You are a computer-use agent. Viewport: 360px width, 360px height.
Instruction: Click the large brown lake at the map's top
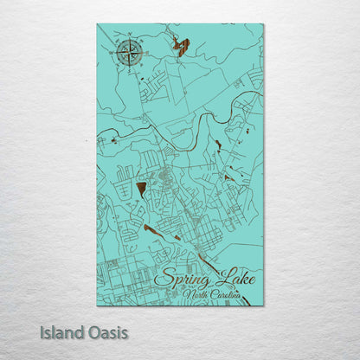pos(182,46)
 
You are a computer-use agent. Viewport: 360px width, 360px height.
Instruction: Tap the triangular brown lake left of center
pos(141,188)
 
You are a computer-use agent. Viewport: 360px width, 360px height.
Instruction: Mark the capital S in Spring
pos(162,279)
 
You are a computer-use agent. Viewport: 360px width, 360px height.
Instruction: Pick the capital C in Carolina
pos(215,295)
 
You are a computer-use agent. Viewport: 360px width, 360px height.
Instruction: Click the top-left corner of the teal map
pos(98,24)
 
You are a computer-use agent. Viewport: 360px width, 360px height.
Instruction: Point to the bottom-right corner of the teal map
pos(263,305)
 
